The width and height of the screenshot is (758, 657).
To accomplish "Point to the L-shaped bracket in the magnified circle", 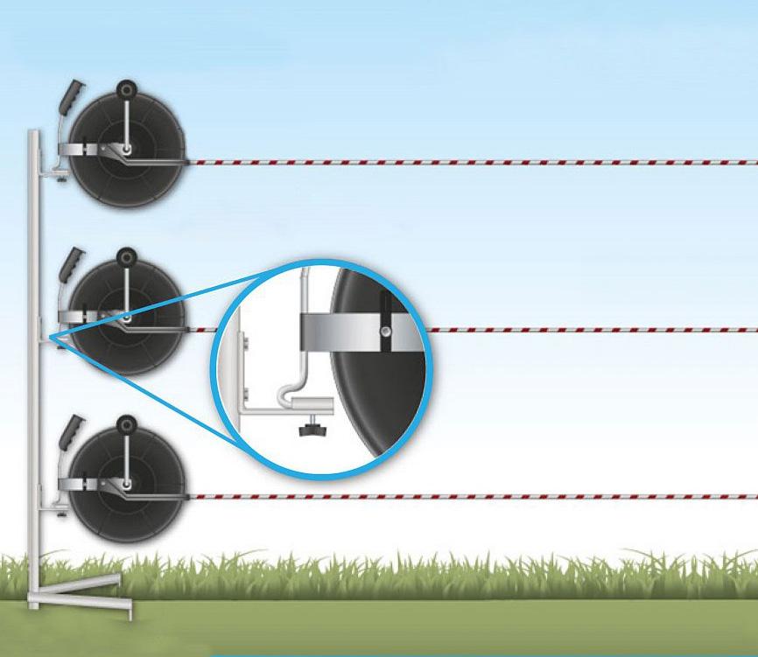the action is point(263,404).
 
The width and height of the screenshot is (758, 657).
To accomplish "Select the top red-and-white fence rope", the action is point(473,162).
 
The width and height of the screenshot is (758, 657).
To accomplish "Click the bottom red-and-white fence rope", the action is point(473,496).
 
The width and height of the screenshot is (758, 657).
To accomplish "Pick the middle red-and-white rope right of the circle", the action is point(595,330).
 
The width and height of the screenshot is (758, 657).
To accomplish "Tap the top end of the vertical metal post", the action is point(32,134).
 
